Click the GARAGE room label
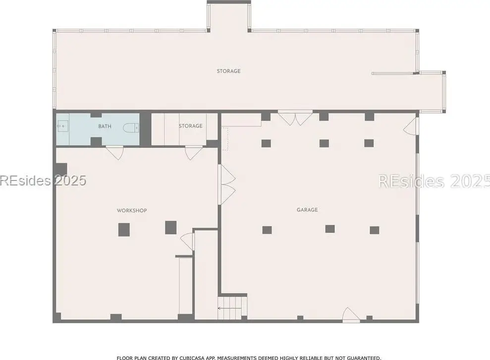(307, 210)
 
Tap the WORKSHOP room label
(132, 210)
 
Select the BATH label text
(105, 126)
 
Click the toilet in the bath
(131, 127)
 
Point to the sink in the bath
(63, 126)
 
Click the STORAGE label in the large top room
(229, 71)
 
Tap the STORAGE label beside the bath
(191, 126)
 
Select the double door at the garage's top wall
(295, 118)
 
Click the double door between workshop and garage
(228, 184)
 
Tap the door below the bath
(115, 153)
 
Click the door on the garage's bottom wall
(351, 315)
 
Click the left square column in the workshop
(124, 230)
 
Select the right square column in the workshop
(171, 228)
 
